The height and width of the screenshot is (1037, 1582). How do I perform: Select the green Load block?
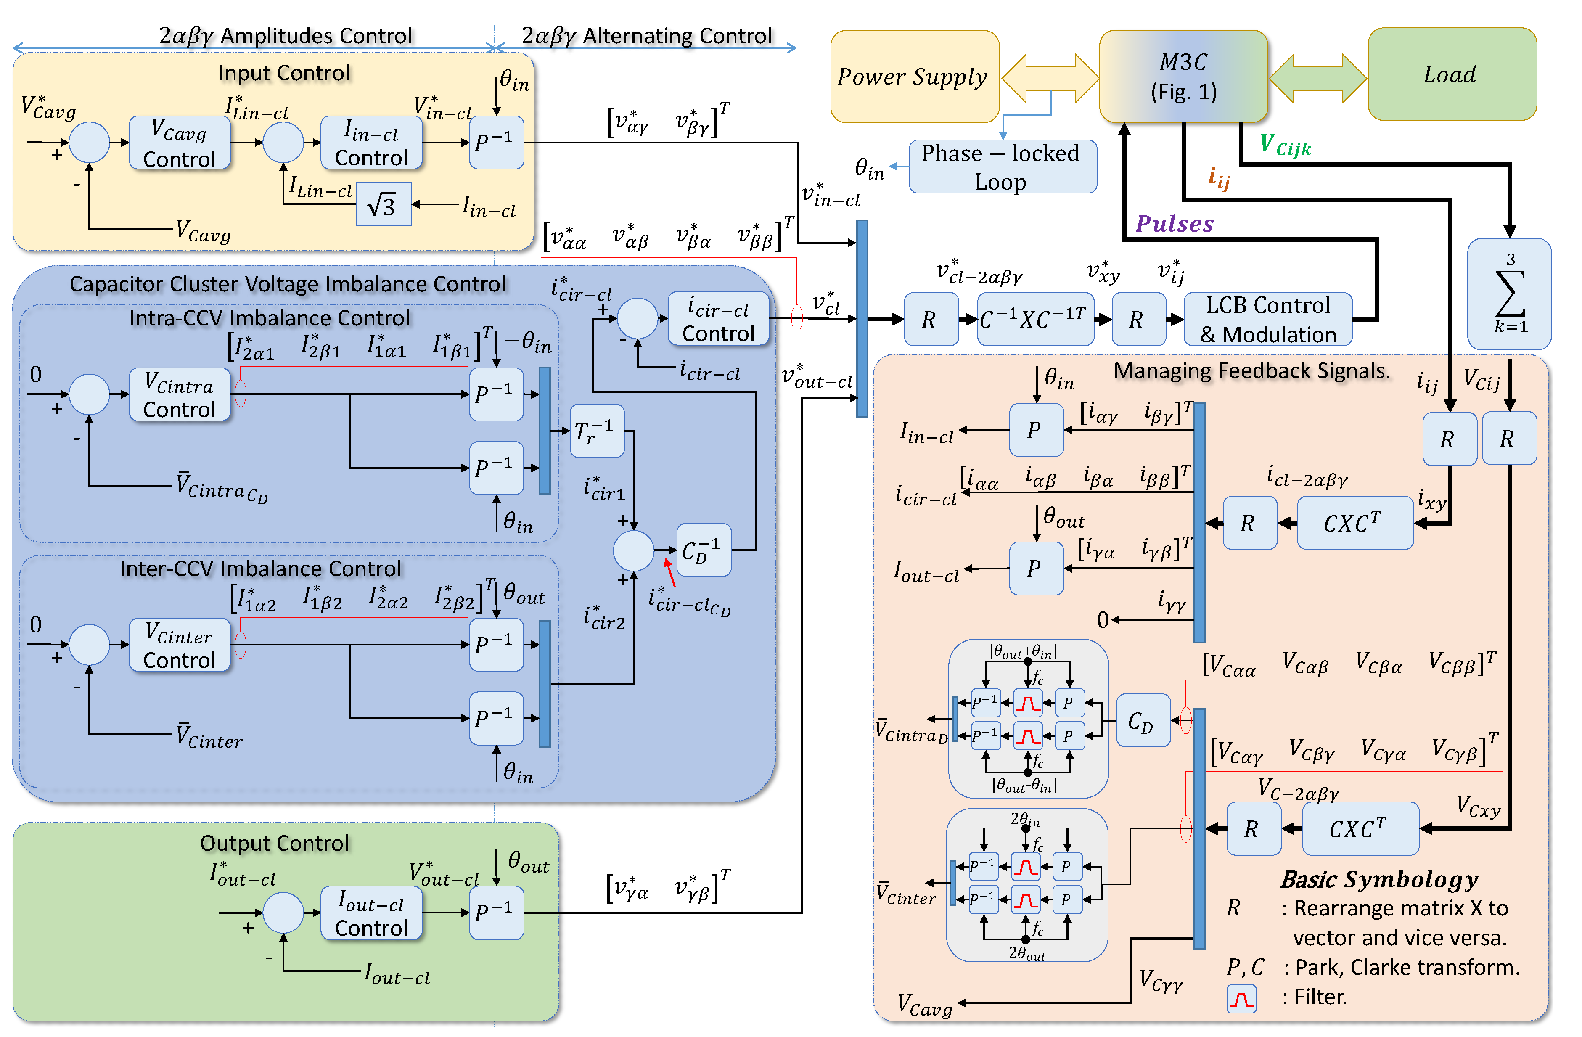(1451, 74)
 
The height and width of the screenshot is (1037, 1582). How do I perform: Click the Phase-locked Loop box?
(1002, 167)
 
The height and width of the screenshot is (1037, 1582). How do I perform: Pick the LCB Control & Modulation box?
(1267, 320)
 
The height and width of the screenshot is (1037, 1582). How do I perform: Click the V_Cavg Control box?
(180, 143)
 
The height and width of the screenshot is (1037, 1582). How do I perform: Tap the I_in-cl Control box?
(371, 143)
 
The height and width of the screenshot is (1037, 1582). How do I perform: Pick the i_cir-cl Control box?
(718, 319)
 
